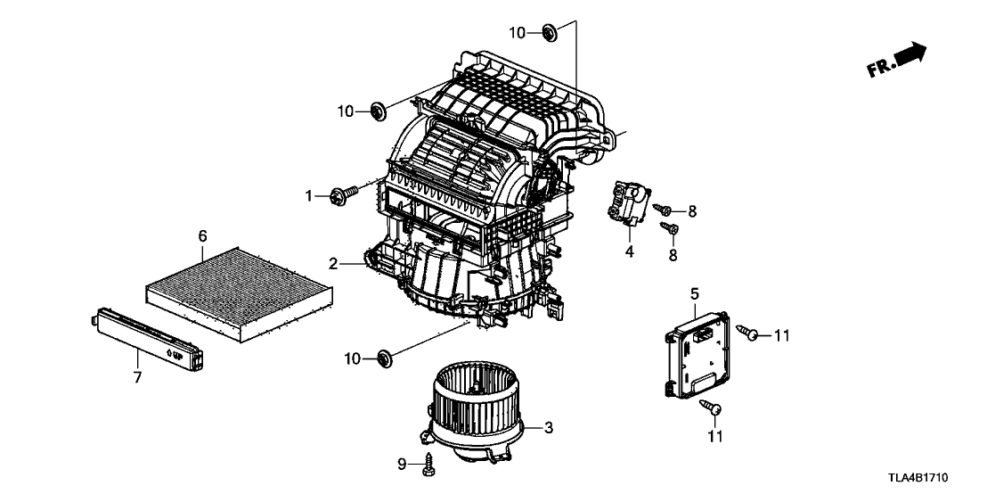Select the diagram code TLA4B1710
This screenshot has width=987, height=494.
pyautogui.click(x=918, y=479)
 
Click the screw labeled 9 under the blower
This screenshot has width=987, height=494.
pyautogui.click(x=430, y=465)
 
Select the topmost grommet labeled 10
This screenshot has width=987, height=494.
pyautogui.click(x=549, y=31)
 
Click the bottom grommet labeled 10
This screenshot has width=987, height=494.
pyautogui.click(x=384, y=358)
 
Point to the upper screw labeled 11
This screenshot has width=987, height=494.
pyautogui.click(x=747, y=332)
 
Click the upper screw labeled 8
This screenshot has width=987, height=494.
pyautogui.click(x=662, y=210)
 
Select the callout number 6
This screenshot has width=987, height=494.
pyautogui.click(x=202, y=236)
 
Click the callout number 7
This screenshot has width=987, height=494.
pyautogui.click(x=137, y=378)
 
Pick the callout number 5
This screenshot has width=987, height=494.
pyautogui.click(x=694, y=293)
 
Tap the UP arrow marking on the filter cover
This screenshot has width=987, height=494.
pyautogui.click(x=175, y=354)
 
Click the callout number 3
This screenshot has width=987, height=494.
pyautogui.click(x=548, y=429)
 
